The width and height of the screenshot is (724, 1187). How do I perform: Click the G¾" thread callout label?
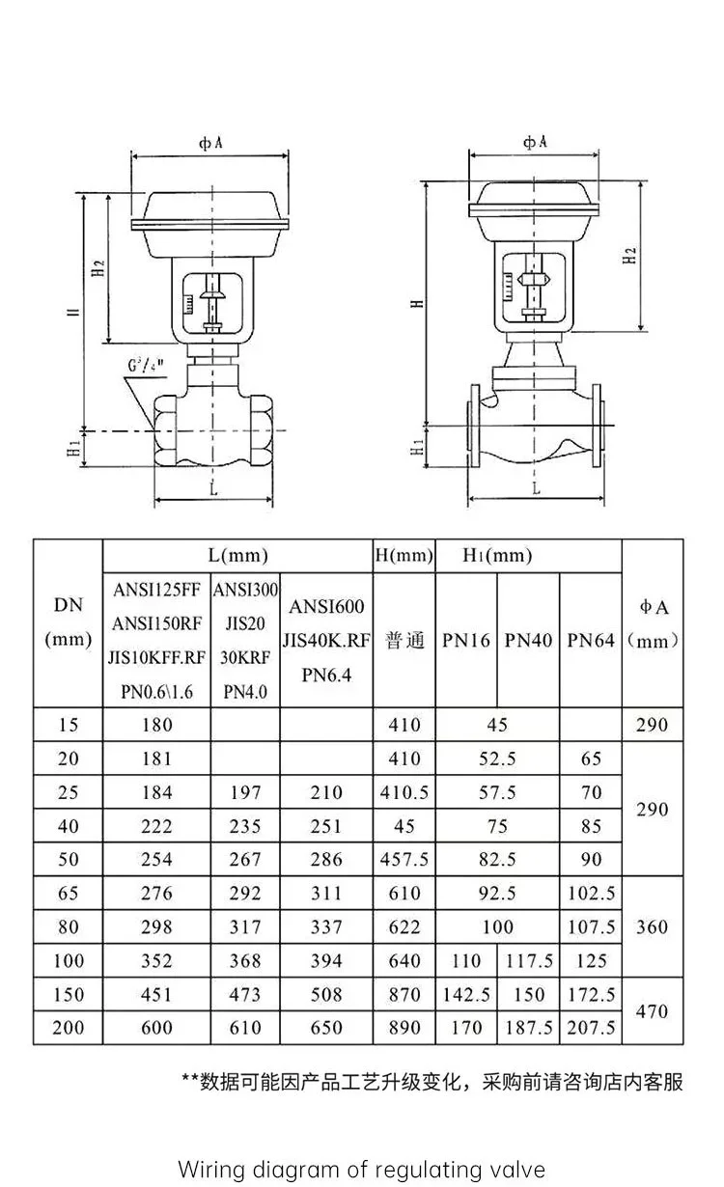(145, 365)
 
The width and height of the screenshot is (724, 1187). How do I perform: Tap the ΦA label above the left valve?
(210, 143)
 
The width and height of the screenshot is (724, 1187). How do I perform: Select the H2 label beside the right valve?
(629, 256)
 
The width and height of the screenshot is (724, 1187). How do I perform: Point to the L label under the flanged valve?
(536, 488)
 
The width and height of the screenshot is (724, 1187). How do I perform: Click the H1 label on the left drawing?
(74, 449)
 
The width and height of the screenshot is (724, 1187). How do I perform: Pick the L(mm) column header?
(238, 555)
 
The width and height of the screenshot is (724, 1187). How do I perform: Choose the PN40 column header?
(528, 640)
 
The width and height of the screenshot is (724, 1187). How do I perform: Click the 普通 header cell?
(404, 640)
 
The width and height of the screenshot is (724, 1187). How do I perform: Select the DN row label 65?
(68, 893)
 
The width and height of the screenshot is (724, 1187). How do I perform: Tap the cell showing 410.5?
(404, 792)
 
